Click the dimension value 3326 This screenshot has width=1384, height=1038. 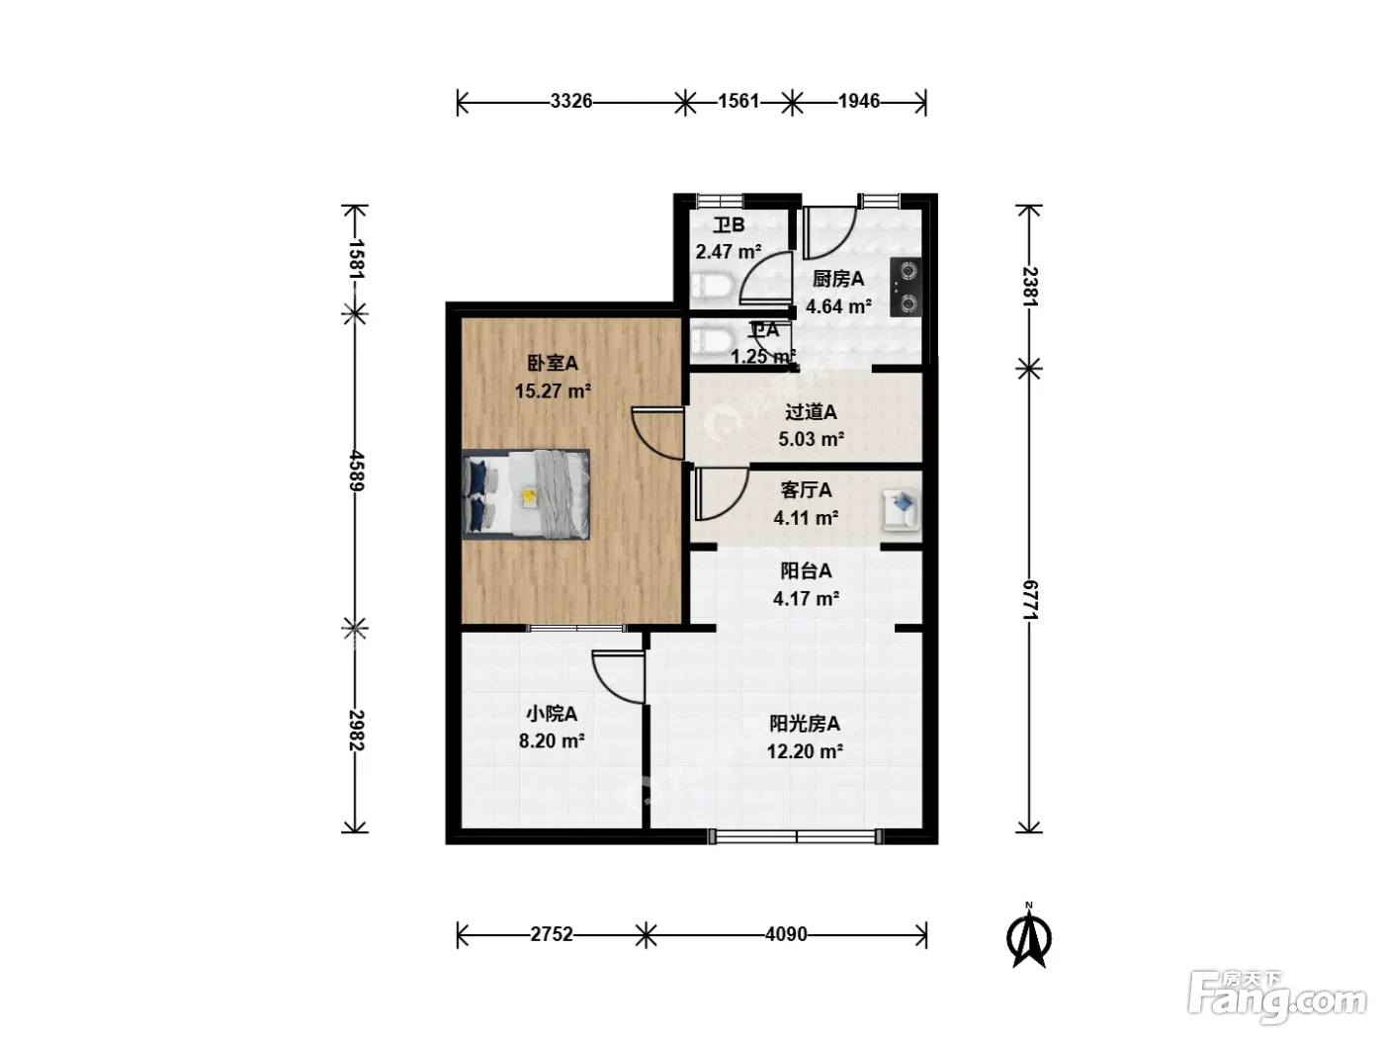tap(570, 101)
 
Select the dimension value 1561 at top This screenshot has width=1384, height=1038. tap(738, 101)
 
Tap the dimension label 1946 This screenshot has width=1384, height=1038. tap(859, 101)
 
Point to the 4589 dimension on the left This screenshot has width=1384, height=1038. tap(356, 471)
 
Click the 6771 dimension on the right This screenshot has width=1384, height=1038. tap(1030, 600)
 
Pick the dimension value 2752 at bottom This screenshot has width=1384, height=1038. tap(551, 934)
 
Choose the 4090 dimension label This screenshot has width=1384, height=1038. tap(786, 934)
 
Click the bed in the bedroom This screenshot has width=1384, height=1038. tap(526, 494)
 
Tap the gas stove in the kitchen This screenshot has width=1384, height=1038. tap(906, 287)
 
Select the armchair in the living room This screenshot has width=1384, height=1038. tap(901, 510)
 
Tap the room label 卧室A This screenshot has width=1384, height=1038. tap(553, 363)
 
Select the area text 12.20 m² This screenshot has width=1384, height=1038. tap(805, 751)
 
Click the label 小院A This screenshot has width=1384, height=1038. tap(552, 714)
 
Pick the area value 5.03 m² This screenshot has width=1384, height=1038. tap(811, 439)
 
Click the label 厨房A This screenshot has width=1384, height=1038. tap(838, 279)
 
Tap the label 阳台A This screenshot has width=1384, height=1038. tap(806, 571)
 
